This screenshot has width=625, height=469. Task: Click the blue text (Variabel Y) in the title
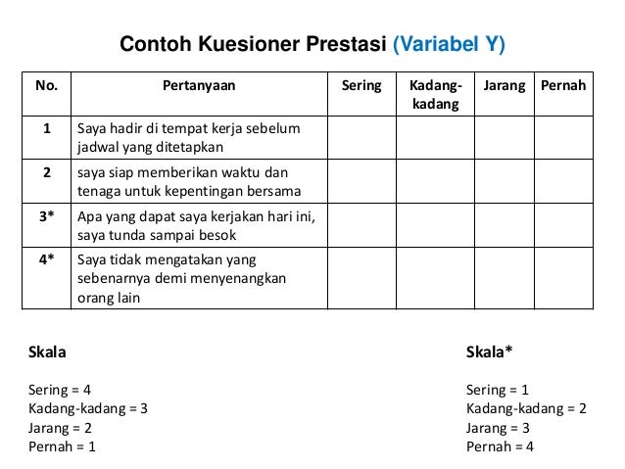pos(449,45)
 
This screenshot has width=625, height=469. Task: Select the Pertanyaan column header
pos(199,86)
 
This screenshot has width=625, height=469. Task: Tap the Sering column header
pos(361,86)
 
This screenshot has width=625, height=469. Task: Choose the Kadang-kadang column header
pos(434,94)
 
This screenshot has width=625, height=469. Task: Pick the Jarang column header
pos(504,86)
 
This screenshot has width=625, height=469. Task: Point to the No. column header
pos(46,86)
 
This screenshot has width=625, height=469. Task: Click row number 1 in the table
pos(46,129)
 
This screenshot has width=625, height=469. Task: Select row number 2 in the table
pos(46,172)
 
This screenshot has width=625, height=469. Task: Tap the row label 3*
pos(46,215)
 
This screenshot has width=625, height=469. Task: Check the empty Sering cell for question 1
pos(361,138)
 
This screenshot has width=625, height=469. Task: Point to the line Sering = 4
pos(60,389)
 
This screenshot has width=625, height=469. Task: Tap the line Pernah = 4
pos(501,447)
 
